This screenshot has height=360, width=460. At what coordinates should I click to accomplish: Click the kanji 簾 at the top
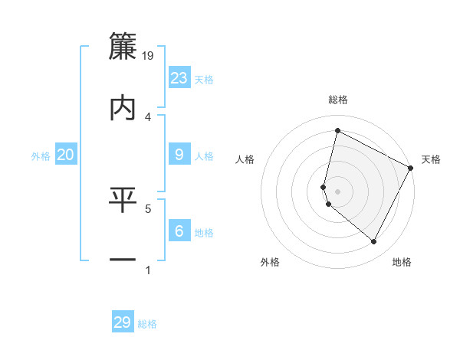tap(123, 46)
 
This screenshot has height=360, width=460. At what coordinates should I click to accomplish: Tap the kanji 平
tap(123, 200)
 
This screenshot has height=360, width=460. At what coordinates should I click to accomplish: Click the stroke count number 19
tap(149, 55)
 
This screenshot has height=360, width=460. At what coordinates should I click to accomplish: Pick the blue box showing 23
tap(179, 77)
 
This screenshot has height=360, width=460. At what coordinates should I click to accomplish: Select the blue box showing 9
tap(179, 155)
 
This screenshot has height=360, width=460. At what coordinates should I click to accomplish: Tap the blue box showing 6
tap(179, 231)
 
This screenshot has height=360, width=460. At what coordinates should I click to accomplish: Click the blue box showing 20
tap(66, 155)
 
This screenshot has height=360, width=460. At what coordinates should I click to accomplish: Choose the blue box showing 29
tap(123, 322)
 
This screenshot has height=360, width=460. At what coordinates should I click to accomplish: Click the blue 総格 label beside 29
tap(147, 324)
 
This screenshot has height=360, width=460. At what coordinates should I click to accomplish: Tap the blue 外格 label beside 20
tap(41, 156)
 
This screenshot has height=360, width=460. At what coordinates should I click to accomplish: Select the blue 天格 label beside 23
tap(204, 79)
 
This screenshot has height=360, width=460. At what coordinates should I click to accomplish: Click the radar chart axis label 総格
tap(338, 100)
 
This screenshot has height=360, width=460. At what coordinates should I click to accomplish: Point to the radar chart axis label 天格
tap(431, 159)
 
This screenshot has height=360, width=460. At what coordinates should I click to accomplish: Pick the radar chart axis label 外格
tap(270, 262)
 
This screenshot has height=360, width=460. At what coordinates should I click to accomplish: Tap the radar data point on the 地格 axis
tap(374, 242)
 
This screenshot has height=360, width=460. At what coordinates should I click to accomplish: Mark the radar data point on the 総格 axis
tap(337, 130)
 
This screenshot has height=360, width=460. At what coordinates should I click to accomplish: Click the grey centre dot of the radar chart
tap(337, 191)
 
